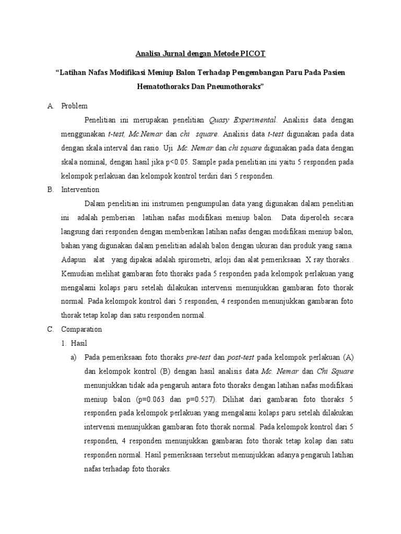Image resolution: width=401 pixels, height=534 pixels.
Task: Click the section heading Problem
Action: [75, 106]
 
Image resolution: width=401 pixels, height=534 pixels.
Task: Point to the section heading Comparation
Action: [82, 329]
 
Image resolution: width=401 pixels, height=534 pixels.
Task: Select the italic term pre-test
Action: [198, 357]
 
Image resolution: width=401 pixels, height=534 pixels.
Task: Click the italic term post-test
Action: [241, 357]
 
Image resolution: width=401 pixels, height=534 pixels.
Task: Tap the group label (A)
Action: [348, 357]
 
